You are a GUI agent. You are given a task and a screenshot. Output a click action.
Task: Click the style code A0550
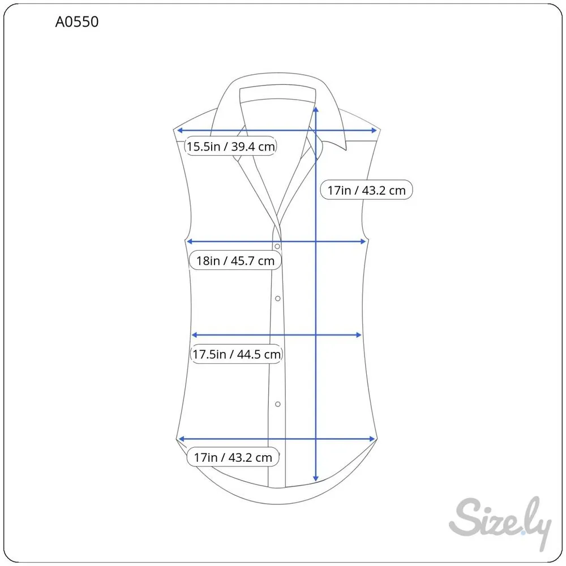[76, 22]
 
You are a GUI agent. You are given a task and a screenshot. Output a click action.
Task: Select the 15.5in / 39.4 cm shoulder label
[231, 146]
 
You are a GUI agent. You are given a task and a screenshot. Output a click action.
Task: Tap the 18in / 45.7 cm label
[235, 260]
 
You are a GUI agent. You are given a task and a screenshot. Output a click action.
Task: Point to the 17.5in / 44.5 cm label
[237, 354]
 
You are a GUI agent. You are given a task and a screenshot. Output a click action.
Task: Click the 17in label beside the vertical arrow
[366, 190]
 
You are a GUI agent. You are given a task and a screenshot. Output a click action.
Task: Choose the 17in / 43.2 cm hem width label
[233, 457]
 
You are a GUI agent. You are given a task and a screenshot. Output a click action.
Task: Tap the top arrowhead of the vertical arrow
[316, 109]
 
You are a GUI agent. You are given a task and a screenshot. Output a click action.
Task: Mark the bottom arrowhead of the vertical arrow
[316, 479]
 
